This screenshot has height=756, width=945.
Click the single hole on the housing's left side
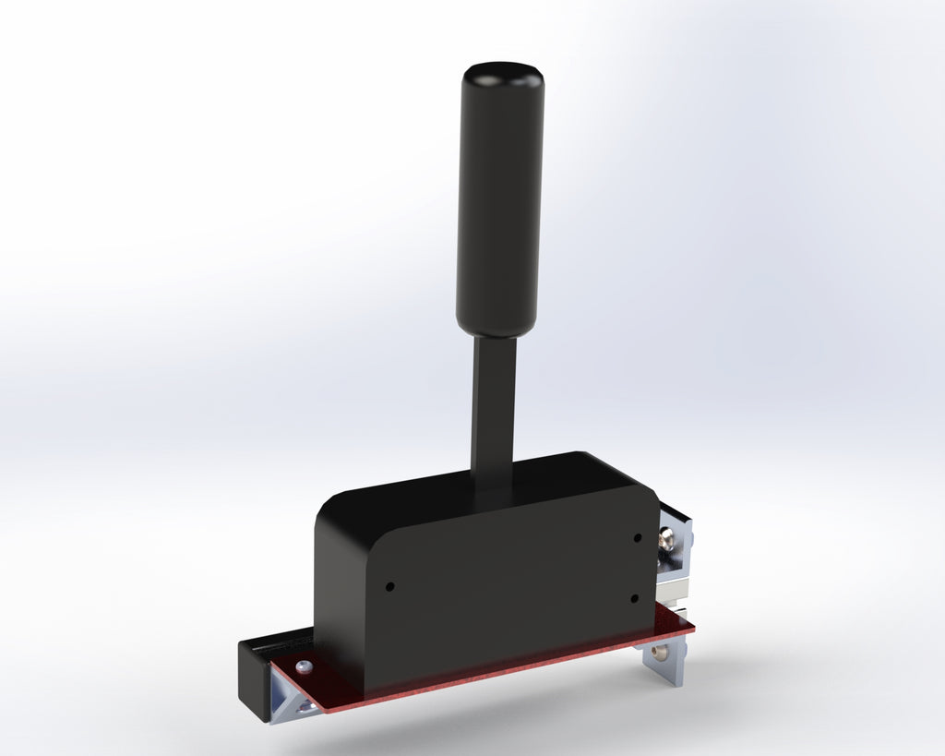389,586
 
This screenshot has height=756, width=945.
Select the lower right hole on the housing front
635,598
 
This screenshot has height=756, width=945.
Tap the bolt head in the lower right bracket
658,652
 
